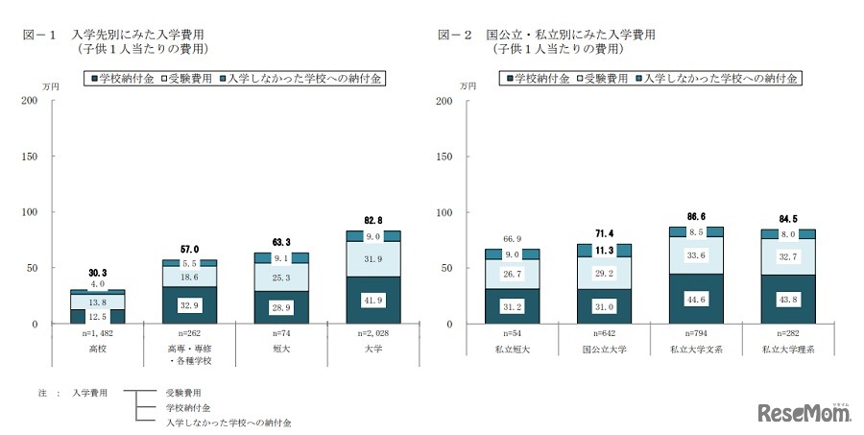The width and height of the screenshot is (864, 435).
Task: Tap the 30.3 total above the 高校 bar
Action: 97,272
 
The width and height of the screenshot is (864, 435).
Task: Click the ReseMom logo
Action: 804,413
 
